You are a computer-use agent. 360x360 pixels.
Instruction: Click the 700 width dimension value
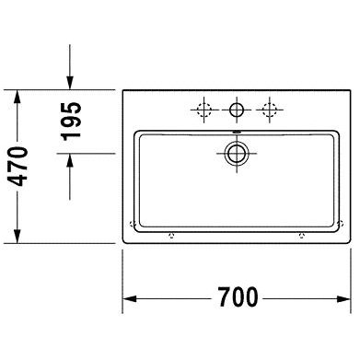(x=238, y=296)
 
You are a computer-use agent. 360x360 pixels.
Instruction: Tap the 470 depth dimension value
(x=17, y=167)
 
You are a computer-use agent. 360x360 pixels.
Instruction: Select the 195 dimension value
(x=72, y=122)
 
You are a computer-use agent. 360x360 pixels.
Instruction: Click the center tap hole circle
(x=237, y=110)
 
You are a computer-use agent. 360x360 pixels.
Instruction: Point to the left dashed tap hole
(x=204, y=110)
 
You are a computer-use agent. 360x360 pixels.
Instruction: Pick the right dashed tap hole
(x=270, y=110)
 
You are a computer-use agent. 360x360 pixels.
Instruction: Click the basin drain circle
(x=237, y=153)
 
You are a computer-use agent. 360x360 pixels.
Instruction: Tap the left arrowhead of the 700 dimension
(x=130, y=298)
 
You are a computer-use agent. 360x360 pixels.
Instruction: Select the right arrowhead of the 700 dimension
(x=343, y=298)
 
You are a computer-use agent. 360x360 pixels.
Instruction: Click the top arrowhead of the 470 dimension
(x=17, y=97)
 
